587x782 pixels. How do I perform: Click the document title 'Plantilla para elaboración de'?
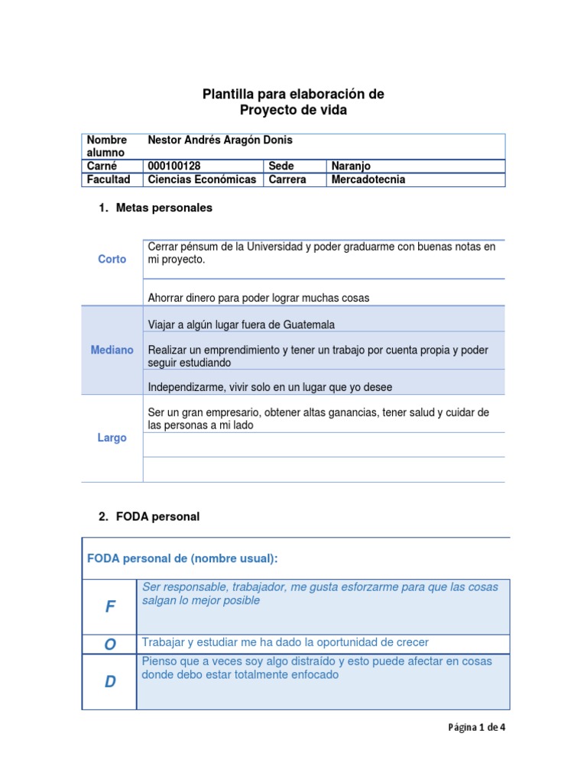[293, 94]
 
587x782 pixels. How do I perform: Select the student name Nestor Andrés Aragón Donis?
[219, 141]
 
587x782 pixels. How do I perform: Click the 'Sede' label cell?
[281, 166]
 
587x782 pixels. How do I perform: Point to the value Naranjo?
[351, 166]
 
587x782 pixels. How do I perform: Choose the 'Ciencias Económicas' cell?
[201, 180]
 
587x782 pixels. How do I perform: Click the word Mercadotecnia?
[368, 180]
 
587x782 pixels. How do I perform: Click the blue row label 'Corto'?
[112, 260]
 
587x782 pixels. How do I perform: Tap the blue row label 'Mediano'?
[112, 350]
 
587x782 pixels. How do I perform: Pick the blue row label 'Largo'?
[112, 438]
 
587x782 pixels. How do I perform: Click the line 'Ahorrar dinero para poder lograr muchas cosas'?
[258, 298]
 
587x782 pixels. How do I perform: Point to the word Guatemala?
[309, 325]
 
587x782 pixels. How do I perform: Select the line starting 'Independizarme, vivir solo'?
[270, 387]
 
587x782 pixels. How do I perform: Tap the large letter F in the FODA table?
[110, 607]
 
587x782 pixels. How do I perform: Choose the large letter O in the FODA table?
[110, 645]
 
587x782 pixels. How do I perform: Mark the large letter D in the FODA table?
[110, 682]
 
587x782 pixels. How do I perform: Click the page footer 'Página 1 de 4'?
[476, 728]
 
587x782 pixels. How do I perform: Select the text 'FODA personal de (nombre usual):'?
[183, 559]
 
